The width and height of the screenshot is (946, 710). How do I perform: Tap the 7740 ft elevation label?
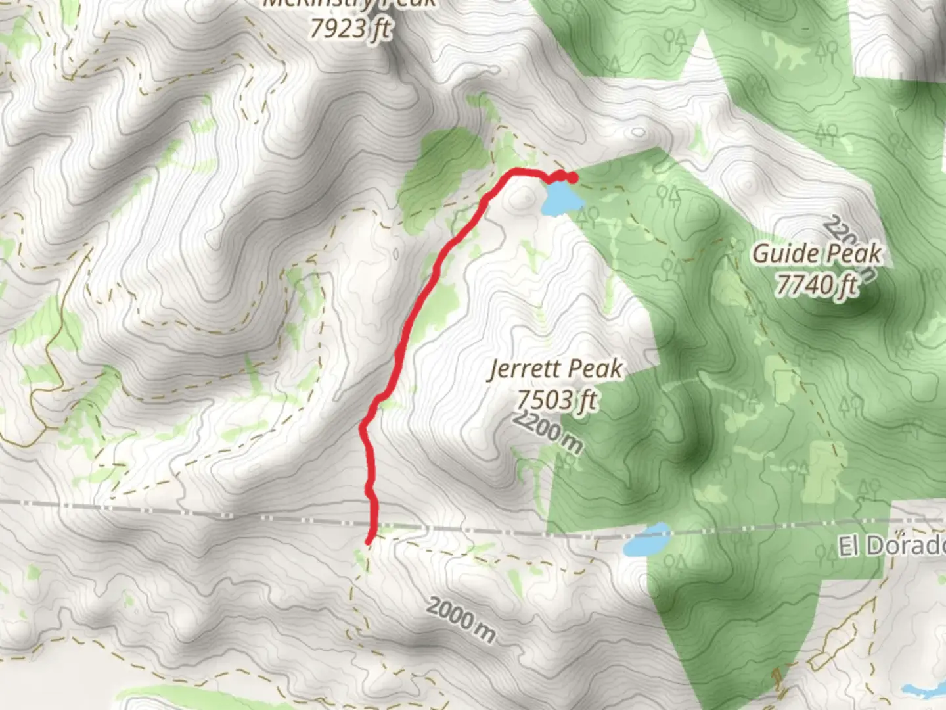point(817,285)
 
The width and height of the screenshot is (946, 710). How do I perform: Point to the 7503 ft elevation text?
point(556,399)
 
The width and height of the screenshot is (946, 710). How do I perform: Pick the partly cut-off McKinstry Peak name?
point(349,4)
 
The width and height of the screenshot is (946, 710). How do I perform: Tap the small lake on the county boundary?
point(645,540)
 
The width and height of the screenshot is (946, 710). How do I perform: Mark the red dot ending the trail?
point(572,177)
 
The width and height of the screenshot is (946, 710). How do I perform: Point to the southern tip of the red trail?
point(369,540)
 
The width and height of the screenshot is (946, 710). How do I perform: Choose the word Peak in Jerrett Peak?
point(597,369)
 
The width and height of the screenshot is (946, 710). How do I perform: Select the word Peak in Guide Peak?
point(854,254)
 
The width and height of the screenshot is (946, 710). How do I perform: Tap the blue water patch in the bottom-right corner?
point(926,690)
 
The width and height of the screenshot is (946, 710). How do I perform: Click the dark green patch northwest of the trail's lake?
point(447,164)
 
